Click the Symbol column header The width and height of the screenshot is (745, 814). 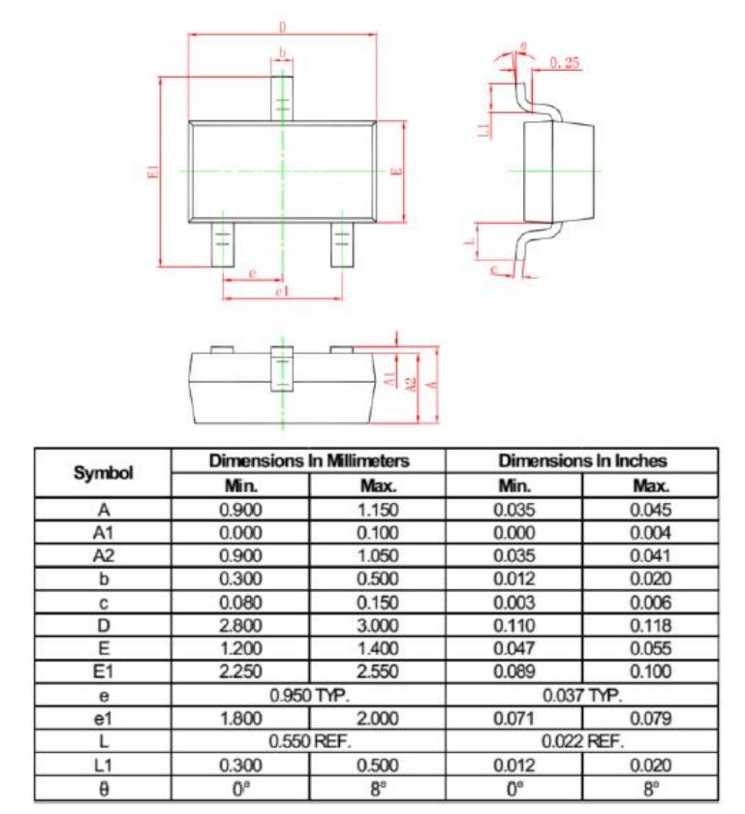[x=104, y=473]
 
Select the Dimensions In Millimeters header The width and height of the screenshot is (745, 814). [x=309, y=460]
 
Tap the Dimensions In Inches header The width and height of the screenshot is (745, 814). [x=582, y=460]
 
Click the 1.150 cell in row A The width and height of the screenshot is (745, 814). [x=377, y=510]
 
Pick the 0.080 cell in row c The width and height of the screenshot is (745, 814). [x=239, y=603]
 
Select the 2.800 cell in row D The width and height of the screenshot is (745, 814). [x=239, y=626]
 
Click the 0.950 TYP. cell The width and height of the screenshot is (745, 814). [x=309, y=696]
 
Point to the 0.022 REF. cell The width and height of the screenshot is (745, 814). [x=582, y=742]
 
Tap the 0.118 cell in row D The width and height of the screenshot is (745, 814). [x=650, y=626]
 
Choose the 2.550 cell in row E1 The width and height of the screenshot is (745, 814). [x=377, y=673]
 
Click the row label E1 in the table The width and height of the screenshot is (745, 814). [x=104, y=673]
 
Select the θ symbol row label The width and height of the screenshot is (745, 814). [x=104, y=789]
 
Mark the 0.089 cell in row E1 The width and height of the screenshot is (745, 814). [x=513, y=673]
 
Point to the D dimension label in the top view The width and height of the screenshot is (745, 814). [x=283, y=28]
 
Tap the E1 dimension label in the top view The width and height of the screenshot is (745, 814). [x=151, y=172]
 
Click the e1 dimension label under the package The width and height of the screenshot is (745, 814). [x=282, y=291]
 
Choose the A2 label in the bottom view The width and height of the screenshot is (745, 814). [x=411, y=385]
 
